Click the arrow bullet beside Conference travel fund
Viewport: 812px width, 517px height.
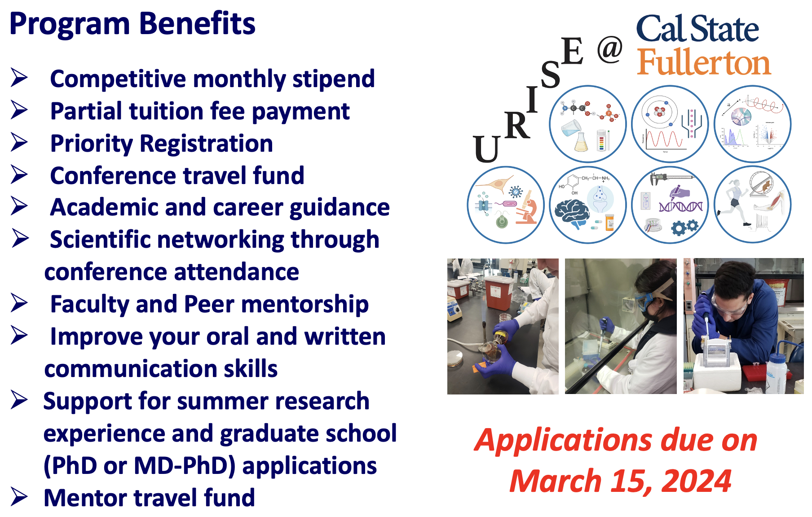pyautogui.click(x=19, y=175)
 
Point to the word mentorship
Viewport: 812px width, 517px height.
pyautogui.click(x=305, y=304)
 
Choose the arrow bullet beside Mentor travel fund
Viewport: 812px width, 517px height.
pyautogui.click(x=19, y=497)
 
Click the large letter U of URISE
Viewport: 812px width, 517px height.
pyautogui.click(x=486, y=149)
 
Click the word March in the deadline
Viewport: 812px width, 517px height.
pyautogui.click(x=556, y=481)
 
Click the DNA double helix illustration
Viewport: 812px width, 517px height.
pyautogui.click(x=681, y=207)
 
